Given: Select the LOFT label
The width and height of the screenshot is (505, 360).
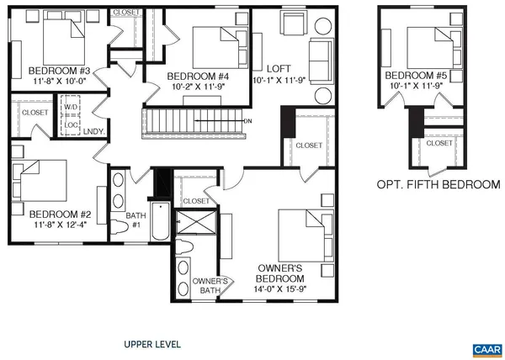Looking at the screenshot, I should point(278,68).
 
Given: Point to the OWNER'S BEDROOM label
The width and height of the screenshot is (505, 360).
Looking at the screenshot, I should point(279,273).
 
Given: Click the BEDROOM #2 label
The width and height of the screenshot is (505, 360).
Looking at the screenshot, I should point(52,213).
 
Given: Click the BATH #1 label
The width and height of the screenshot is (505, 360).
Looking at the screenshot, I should point(136,220).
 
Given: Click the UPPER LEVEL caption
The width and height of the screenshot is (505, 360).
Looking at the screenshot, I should point(151,344).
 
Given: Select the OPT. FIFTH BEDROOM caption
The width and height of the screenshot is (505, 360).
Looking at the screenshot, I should point(439,183).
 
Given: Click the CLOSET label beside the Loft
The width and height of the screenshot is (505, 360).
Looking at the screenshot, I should point(309,146).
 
